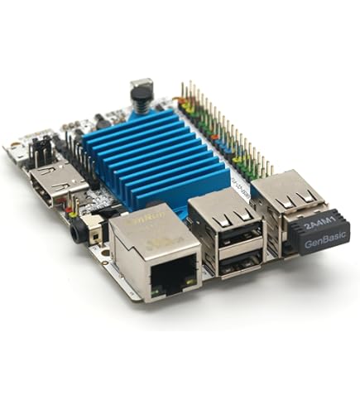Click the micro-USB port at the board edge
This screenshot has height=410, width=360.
click(15, 152)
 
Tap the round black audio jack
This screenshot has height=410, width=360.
click(78, 233)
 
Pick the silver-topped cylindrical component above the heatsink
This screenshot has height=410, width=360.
click(142, 92)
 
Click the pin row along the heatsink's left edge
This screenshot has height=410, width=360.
click(79, 157)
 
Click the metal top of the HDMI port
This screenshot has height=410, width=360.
click(58, 173)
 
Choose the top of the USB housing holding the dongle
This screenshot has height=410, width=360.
click(286, 187)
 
